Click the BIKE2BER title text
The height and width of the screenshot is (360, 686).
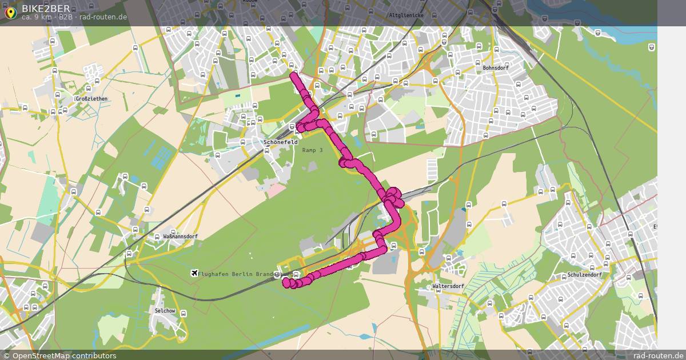click(x=46, y=8)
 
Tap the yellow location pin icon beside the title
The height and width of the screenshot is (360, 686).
click(x=10, y=12)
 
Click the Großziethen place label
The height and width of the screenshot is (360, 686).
click(x=91, y=99)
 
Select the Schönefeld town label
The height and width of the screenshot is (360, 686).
click(x=281, y=142)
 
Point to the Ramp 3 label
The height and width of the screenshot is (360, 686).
click(x=313, y=150)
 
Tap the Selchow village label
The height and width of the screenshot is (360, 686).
click(x=165, y=311)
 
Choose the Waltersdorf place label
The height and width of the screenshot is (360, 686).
click(x=449, y=286)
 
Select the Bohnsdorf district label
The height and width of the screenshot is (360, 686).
click(x=496, y=67)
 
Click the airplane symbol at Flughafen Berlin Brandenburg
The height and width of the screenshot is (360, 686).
click(x=194, y=274)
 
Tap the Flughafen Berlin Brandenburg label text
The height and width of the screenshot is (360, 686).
click(x=240, y=274)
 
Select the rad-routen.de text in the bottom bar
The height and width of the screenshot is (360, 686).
click(x=658, y=355)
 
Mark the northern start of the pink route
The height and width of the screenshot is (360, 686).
click(x=294, y=74)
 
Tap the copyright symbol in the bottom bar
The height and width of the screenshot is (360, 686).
click(x=6, y=355)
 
